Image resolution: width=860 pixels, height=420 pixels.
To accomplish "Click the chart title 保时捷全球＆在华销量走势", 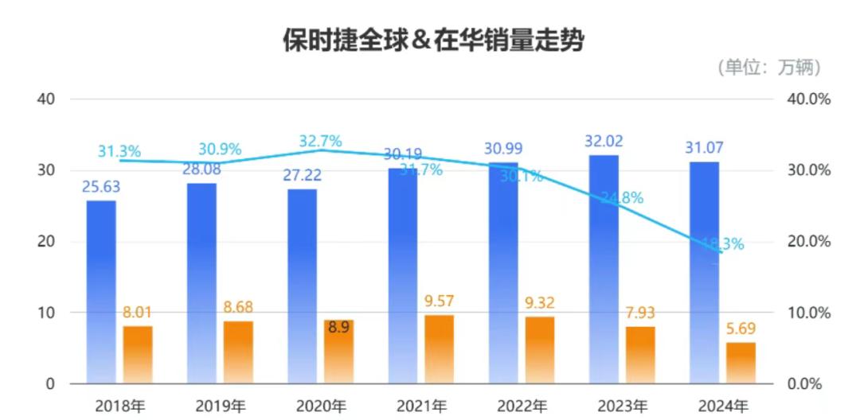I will click(x=433, y=41).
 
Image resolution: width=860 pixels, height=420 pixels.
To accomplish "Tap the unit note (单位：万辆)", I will click(x=768, y=68).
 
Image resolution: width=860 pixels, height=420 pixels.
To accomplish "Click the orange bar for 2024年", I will click(x=741, y=363).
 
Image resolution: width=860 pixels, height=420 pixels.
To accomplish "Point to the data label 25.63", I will click(x=102, y=188).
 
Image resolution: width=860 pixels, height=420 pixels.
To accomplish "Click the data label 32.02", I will click(x=603, y=142).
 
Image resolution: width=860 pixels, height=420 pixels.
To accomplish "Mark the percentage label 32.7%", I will click(x=320, y=142).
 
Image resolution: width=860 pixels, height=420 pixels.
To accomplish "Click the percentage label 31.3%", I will click(x=119, y=151).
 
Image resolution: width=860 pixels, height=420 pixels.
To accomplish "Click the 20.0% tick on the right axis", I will click(x=808, y=242).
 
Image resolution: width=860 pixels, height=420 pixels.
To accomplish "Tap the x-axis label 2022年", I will click(x=523, y=406).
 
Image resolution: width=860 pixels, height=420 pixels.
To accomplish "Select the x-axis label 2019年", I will click(x=221, y=406).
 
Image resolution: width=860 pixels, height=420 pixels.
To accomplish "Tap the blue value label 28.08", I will click(x=202, y=169).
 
